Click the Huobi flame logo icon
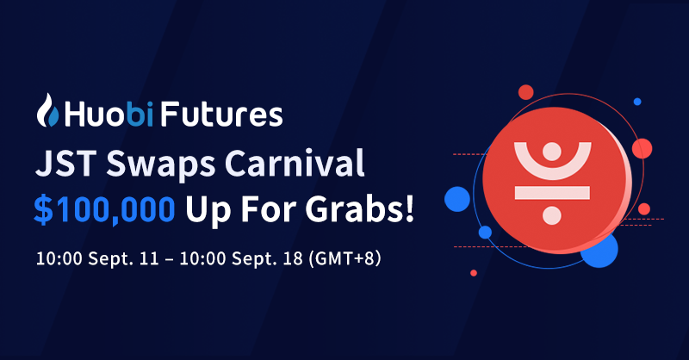click(x=47, y=114)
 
